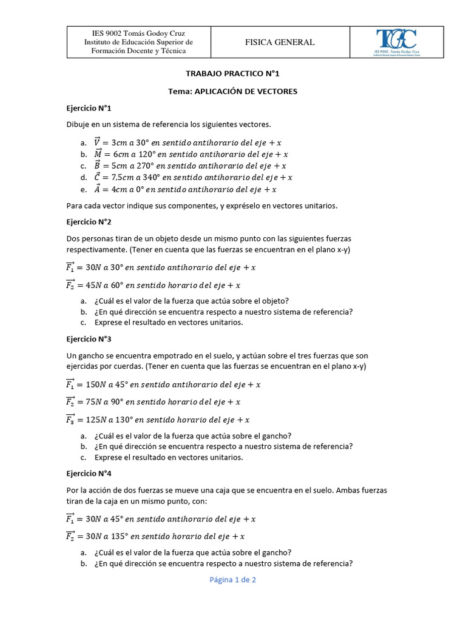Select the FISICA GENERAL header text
pyautogui.click(x=279, y=42)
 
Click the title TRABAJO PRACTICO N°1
pyautogui.click(x=232, y=74)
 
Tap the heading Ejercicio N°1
pyautogui.click(x=89, y=108)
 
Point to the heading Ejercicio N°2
pyautogui.click(x=89, y=222)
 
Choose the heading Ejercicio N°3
pyautogui.click(x=89, y=339)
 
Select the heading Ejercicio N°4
pyautogui.click(x=89, y=473)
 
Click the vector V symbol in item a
pyautogui.click(x=98, y=143)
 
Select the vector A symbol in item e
pyautogui.click(x=98, y=189)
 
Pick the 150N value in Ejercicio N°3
pyautogui.click(x=97, y=384)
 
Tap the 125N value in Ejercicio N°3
pyautogui.click(x=97, y=420)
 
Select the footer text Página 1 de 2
pyautogui.click(x=233, y=580)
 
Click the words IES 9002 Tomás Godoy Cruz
pyautogui.click(x=138, y=33)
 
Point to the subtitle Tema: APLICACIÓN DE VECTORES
pyautogui.click(x=232, y=92)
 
